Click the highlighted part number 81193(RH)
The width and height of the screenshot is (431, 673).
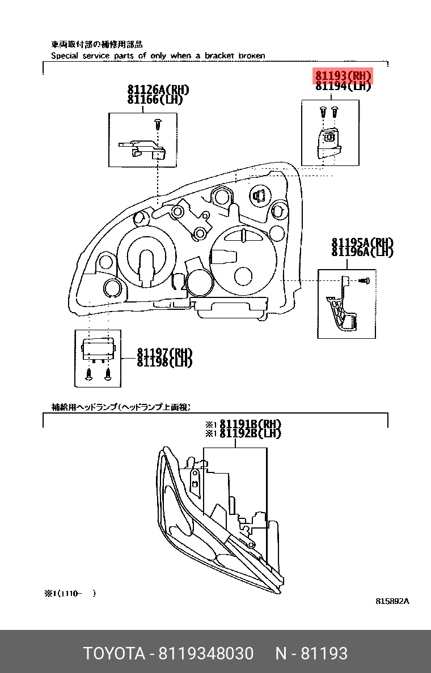pyautogui.click(x=343, y=76)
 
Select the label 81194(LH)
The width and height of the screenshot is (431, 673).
pyautogui.click(x=343, y=86)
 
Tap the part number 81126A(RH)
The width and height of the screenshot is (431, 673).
pyautogui.click(x=158, y=90)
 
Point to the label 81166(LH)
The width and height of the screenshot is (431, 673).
pyautogui.click(x=155, y=99)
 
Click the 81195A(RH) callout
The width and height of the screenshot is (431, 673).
pyautogui.click(x=362, y=243)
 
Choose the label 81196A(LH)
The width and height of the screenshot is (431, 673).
pyautogui.click(x=362, y=252)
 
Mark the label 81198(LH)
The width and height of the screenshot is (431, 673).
pyautogui.click(x=164, y=362)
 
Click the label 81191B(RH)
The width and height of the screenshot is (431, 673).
pyautogui.click(x=250, y=424)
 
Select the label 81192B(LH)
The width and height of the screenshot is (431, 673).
pyautogui.click(x=250, y=433)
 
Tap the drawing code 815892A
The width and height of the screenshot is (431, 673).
pyautogui.click(x=392, y=601)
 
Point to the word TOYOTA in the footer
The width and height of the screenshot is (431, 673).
pyautogui.click(x=114, y=654)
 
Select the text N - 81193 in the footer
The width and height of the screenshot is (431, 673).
pyautogui.click(x=311, y=654)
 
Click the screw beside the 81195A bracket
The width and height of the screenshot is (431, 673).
pyautogui.click(x=365, y=280)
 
